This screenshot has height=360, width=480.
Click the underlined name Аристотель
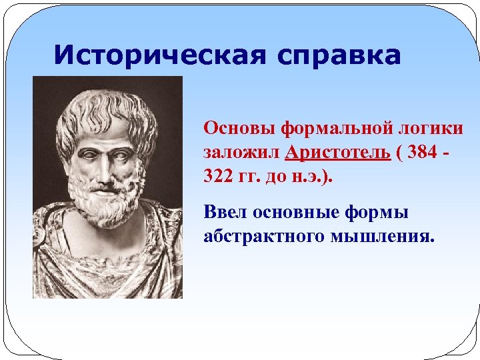coord(337,153)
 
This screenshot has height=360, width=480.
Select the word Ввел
coord(226,213)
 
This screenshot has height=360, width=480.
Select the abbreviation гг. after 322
coord(251,178)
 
